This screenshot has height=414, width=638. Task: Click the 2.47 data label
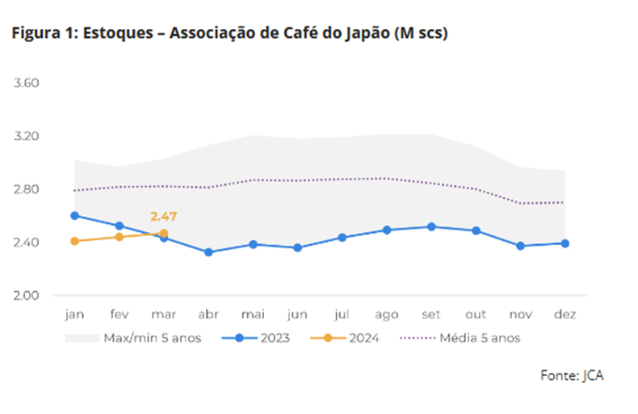coord(164,217)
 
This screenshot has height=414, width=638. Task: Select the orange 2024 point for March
coord(164,234)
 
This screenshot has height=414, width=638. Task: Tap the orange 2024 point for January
coord(74,241)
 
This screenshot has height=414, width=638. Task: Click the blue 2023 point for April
coord(208,252)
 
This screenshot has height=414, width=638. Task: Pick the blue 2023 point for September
coord(431,226)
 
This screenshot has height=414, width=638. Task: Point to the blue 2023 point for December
coord(565,243)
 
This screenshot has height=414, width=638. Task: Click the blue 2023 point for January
coord(74,216)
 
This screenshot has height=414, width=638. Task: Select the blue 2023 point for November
coord(520,246)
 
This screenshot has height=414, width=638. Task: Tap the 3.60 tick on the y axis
coord(27,82)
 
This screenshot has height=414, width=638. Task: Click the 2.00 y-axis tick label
coord(27,295)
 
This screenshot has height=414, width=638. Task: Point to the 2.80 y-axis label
coord(27,189)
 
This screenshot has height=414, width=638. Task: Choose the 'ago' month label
coord(387,315)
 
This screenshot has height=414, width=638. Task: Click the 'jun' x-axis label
coord(297,315)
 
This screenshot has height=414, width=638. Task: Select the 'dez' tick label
coord(565,315)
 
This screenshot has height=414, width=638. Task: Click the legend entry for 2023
coord(255,338)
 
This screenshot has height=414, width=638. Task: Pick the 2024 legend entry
coord(344,338)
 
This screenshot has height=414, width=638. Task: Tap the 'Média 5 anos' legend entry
coord(460,338)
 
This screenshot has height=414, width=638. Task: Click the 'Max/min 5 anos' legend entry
coord(133,338)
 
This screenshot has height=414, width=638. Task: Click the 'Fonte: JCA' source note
coord(572,375)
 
